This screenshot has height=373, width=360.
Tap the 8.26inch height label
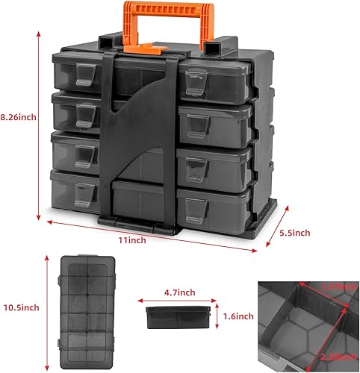coord(18,117)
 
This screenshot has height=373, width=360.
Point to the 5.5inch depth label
coord(294,232)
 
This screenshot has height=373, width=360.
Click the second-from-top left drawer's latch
coord(84,112)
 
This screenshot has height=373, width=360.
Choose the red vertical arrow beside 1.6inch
coord(216,316)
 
